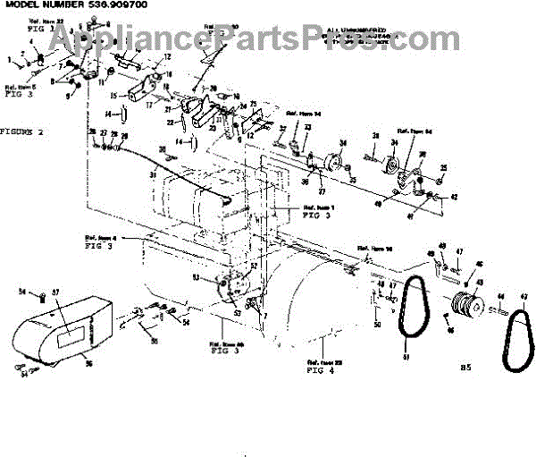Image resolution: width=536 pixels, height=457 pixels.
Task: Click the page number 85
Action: (465, 367)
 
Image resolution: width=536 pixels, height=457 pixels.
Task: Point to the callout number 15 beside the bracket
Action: (114, 94)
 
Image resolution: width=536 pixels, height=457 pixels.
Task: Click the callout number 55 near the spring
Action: (154, 342)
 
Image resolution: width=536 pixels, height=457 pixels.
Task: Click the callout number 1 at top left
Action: (8, 58)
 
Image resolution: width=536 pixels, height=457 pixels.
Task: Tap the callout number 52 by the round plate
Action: (254, 266)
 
